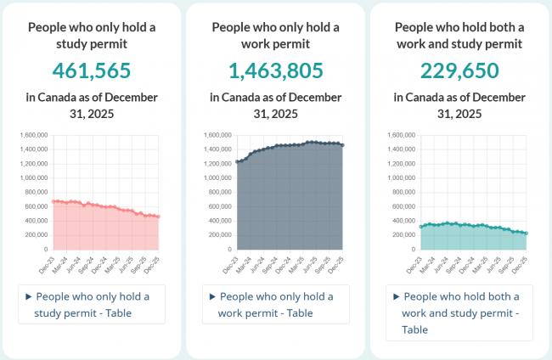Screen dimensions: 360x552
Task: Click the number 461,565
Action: (x=92, y=70)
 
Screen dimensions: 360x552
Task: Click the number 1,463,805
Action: (x=276, y=70)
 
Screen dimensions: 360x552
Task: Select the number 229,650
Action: (x=459, y=70)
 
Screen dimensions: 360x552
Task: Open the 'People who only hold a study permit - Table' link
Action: (x=93, y=305)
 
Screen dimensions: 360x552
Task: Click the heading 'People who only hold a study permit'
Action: (x=92, y=36)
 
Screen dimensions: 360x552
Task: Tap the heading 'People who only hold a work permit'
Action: (x=276, y=36)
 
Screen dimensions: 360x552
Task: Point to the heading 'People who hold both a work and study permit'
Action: (x=459, y=36)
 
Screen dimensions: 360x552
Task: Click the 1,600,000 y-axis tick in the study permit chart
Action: (x=31, y=135)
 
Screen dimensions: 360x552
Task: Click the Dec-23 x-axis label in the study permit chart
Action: (x=47, y=262)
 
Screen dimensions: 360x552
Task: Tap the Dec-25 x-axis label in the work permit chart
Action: (x=336, y=262)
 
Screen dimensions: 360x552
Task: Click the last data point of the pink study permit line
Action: (x=158, y=217)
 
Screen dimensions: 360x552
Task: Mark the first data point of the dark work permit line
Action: (x=237, y=161)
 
